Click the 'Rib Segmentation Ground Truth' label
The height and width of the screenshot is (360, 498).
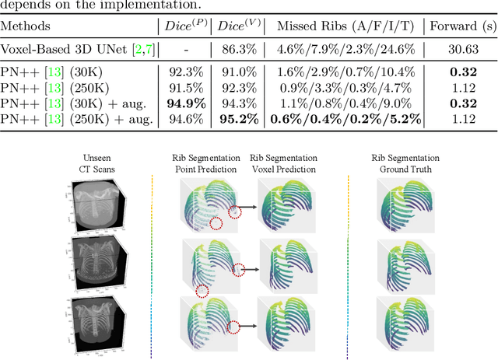pos(400,165)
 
